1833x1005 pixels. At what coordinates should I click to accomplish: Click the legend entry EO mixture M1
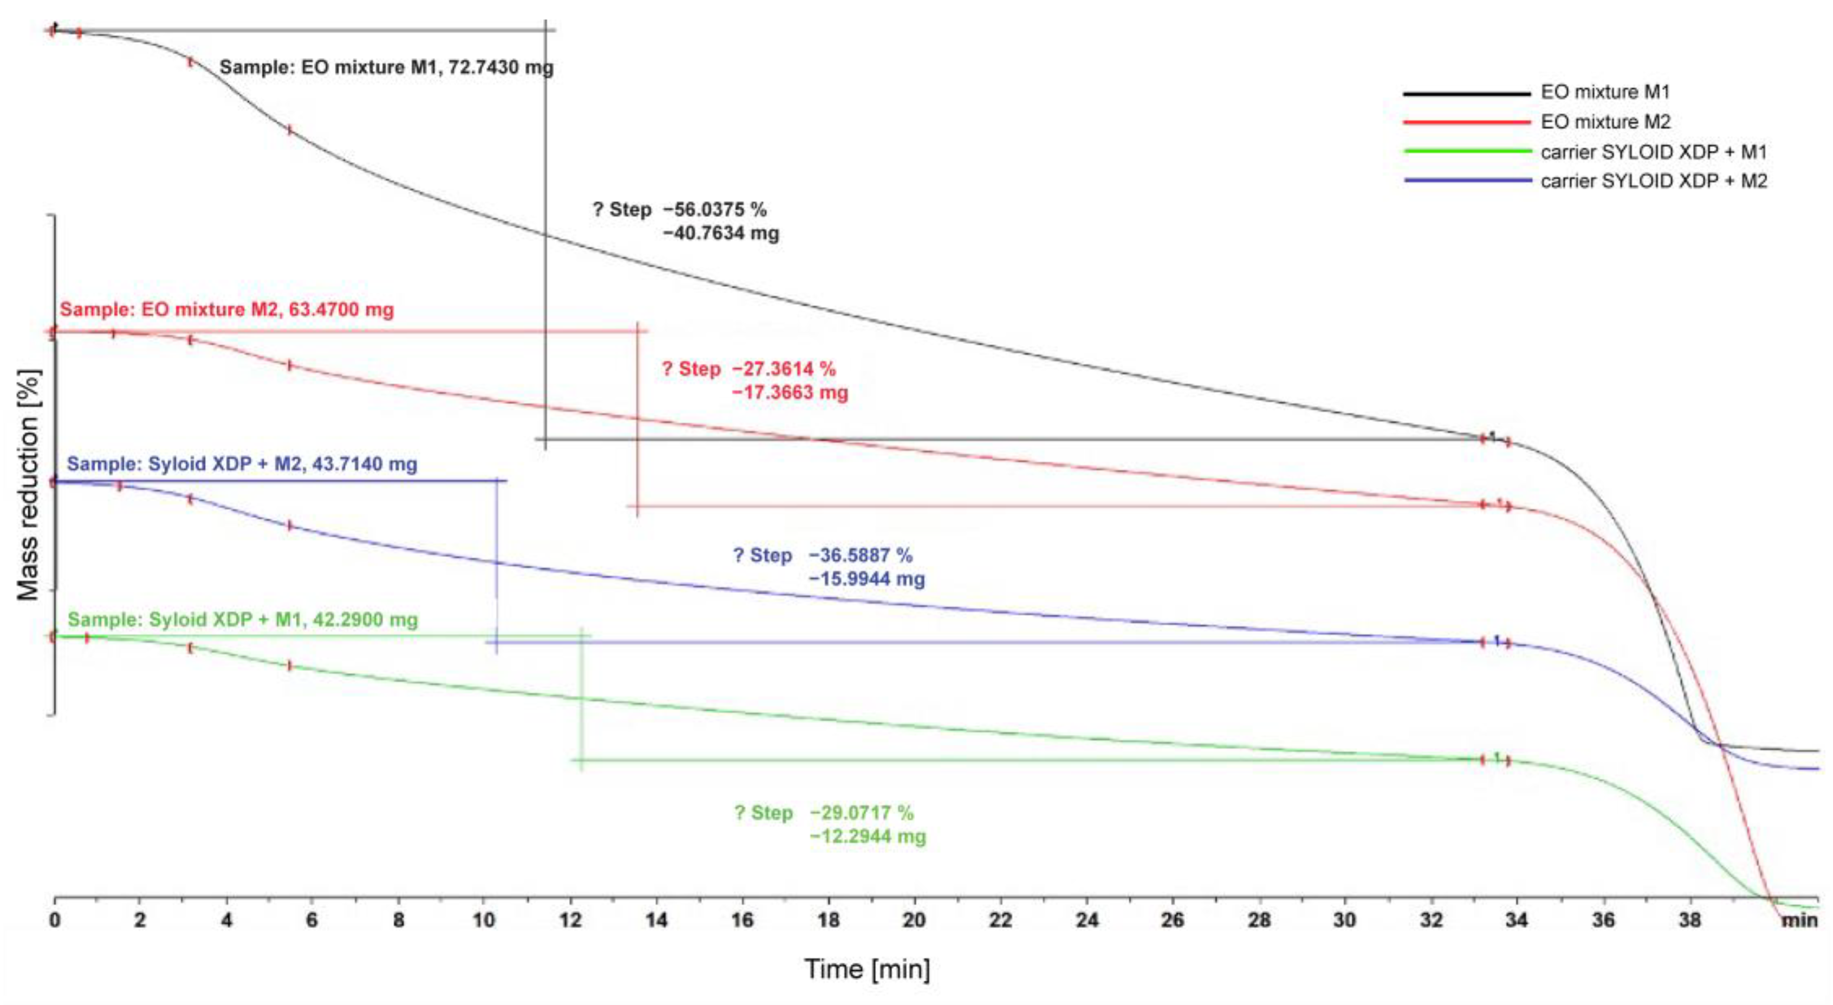(x=1604, y=92)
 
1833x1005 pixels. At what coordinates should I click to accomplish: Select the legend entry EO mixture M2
(x=1604, y=122)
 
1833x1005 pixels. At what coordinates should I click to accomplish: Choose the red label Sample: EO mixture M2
(x=226, y=310)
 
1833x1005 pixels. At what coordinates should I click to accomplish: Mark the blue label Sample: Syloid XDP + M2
(x=242, y=464)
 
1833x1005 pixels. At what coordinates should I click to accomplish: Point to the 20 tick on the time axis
(x=914, y=920)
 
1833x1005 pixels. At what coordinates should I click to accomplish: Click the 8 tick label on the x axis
(x=398, y=920)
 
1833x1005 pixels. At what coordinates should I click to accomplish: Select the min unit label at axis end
(x=1799, y=920)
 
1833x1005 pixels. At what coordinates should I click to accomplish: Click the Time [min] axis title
(x=867, y=969)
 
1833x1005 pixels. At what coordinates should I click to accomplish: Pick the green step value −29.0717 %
(x=860, y=812)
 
